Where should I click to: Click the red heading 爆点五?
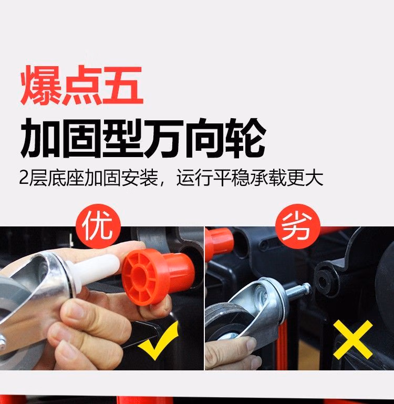(81, 85)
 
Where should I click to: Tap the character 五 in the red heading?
(123, 85)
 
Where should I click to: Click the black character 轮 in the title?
(245, 138)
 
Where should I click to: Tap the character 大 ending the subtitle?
(314, 178)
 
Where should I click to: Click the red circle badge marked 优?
(98, 226)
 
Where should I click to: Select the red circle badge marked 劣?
(298, 226)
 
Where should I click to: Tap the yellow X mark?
(353, 340)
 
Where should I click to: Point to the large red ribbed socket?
(157, 276)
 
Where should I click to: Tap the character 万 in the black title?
(164, 138)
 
